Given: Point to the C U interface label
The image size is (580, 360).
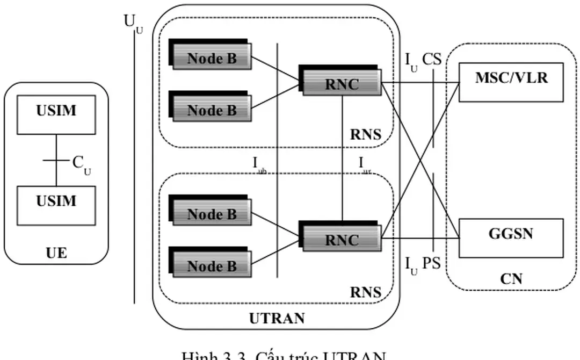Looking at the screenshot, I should coord(81,164).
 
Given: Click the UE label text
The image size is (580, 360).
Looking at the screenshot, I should coord(56,253).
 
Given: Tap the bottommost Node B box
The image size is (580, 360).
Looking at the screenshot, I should coord(211,265).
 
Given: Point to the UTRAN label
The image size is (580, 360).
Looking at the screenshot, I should coord(277,319).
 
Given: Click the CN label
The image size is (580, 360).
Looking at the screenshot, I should coord(511,279).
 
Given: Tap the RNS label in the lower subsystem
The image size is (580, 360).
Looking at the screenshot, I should coord(366,292).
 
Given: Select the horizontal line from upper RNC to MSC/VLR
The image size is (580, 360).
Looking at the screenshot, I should coord(408,83).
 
